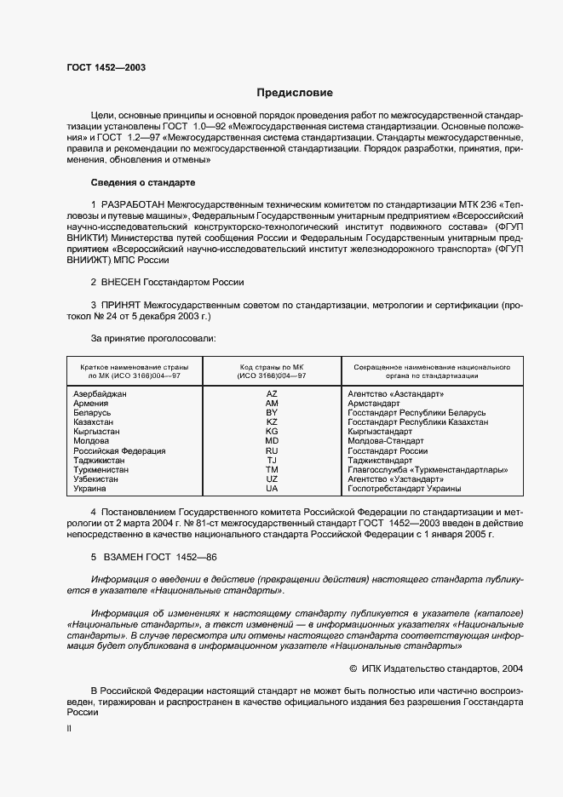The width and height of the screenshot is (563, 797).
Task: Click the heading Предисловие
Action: [x=296, y=92]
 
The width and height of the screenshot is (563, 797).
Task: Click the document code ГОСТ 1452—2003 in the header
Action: [x=106, y=66]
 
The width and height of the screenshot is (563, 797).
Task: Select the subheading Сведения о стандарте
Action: [x=143, y=182]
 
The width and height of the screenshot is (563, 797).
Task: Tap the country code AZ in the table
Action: [x=272, y=394]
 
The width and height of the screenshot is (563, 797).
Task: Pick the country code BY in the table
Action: [x=272, y=413]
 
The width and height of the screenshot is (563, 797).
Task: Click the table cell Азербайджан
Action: [x=101, y=394]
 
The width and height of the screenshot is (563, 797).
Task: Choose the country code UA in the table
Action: [x=272, y=489]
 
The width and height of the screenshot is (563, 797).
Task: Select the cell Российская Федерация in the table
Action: [x=120, y=451]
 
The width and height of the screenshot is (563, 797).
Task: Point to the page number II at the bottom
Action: [x=69, y=730]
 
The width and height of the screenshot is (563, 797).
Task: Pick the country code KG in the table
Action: [x=272, y=432]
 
